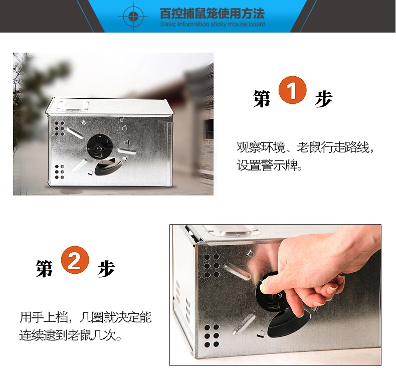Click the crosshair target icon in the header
(x=133, y=17)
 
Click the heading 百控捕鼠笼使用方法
(x=212, y=14)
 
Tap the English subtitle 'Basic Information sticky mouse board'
(x=213, y=24)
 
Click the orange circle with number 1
(x=292, y=90)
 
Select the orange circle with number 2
(x=75, y=260)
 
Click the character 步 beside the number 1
(x=323, y=98)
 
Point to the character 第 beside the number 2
(x=45, y=268)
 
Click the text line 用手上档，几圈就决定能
(x=86, y=317)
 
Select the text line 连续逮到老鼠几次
(x=71, y=335)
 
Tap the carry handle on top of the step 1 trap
(x=73, y=106)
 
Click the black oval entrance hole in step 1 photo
(x=108, y=167)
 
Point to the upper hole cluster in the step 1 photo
(x=60, y=129)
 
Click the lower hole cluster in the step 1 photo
(x=60, y=171)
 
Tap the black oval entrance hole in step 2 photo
(x=289, y=323)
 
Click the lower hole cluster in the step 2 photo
(x=212, y=336)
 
